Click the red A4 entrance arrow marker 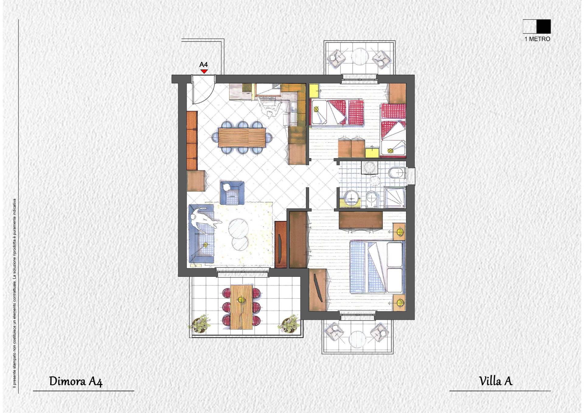click(x=204, y=71)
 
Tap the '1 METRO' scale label click(x=537, y=39)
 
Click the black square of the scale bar click(x=544, y=26)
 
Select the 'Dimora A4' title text click(x=76, y=381)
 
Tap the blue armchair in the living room click(x=232, y=193)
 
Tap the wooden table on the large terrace click(x=242, y=307)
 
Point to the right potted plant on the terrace click(x=287, y=324)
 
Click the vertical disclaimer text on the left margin click(x=14, y=293)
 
